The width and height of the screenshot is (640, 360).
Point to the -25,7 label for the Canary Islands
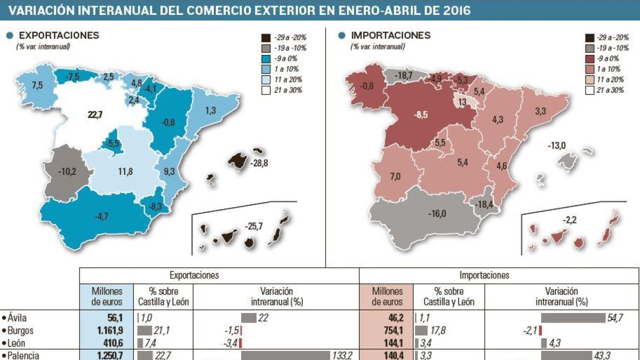(x=253, y=227)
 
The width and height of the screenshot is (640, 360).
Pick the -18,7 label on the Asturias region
(x=404, y=76)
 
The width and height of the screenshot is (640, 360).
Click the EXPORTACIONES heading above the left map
(x=59, y=35)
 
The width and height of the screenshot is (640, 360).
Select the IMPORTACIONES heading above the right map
(x=390, y=35)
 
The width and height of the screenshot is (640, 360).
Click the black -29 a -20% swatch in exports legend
(x=265, y=38)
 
